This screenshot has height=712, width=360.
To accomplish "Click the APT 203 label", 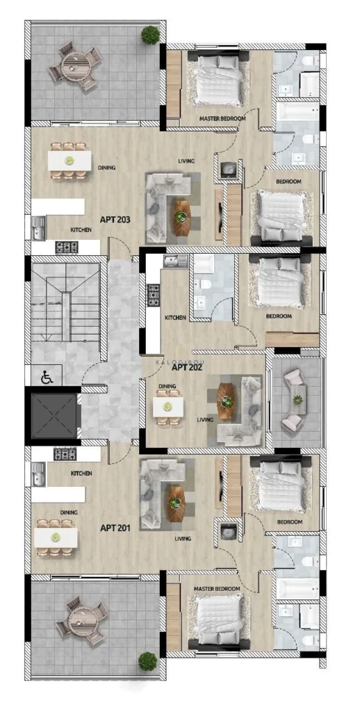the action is pos(115,220).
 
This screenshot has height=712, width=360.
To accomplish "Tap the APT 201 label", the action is pos(115,528).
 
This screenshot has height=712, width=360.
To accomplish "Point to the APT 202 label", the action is pos(186,367).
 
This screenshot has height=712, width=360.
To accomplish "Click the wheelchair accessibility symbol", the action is pos(47,377).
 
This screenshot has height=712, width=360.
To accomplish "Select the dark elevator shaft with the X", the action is pos(54,416).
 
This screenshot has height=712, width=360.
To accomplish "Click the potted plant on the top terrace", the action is pos(150,35).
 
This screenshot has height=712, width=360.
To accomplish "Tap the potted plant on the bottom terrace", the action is pos(147,661).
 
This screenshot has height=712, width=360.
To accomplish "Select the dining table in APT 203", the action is pos(69,161).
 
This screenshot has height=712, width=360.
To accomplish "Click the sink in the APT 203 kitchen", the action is pos(39,228).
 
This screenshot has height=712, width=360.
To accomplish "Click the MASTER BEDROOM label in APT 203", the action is pos(222,118).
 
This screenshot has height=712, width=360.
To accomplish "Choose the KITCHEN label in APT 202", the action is pos(175,317).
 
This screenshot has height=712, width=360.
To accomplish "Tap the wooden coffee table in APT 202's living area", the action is pos(226,401).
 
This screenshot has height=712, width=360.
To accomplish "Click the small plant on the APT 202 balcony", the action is pos(297,400).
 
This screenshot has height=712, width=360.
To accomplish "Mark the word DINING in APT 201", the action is pos(69,512).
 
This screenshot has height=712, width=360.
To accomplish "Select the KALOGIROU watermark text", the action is pos(185,362).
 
